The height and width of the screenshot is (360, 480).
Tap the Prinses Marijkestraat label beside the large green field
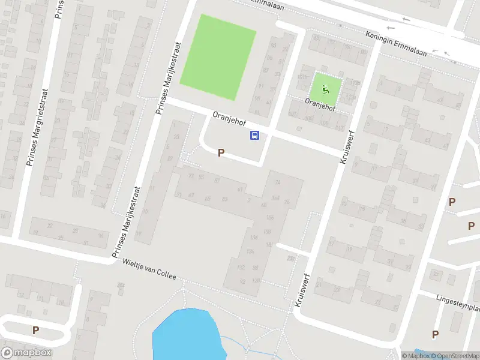pos(163,77)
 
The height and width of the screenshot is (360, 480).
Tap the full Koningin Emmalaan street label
pos(396,44)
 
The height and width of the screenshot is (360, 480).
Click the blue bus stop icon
pos(254,135)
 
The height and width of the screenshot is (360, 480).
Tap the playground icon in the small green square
pos(326,89)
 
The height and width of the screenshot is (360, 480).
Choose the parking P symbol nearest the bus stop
pos(221,153)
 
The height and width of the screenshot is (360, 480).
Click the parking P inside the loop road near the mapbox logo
pos(35,330)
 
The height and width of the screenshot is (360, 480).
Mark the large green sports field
pos(218,58)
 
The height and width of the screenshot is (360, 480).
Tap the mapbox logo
pos(27,353)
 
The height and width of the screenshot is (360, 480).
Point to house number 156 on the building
pos(269,217)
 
